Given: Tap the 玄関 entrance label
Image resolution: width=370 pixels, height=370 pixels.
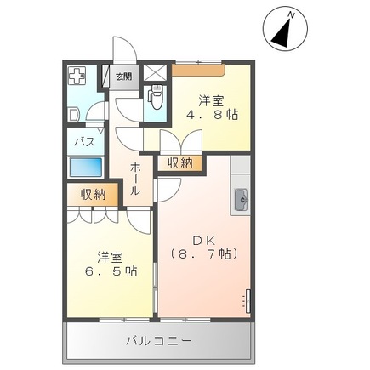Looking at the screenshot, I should coord(124,77).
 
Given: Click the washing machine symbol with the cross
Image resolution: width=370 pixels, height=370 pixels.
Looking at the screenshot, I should coord(77,76).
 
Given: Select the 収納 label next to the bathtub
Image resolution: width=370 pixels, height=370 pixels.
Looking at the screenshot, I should coord(94,194).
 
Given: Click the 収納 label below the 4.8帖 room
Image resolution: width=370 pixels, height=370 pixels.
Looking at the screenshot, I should coord(179,162).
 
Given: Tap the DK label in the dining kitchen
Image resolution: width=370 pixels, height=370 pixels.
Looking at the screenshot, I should coord(202,239).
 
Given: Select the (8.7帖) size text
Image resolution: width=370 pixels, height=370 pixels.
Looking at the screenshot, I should coord(202,253).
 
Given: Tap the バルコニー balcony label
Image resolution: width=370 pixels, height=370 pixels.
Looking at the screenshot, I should coord(159,341).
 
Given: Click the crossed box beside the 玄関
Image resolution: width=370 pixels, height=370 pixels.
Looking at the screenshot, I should coord(156,72).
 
